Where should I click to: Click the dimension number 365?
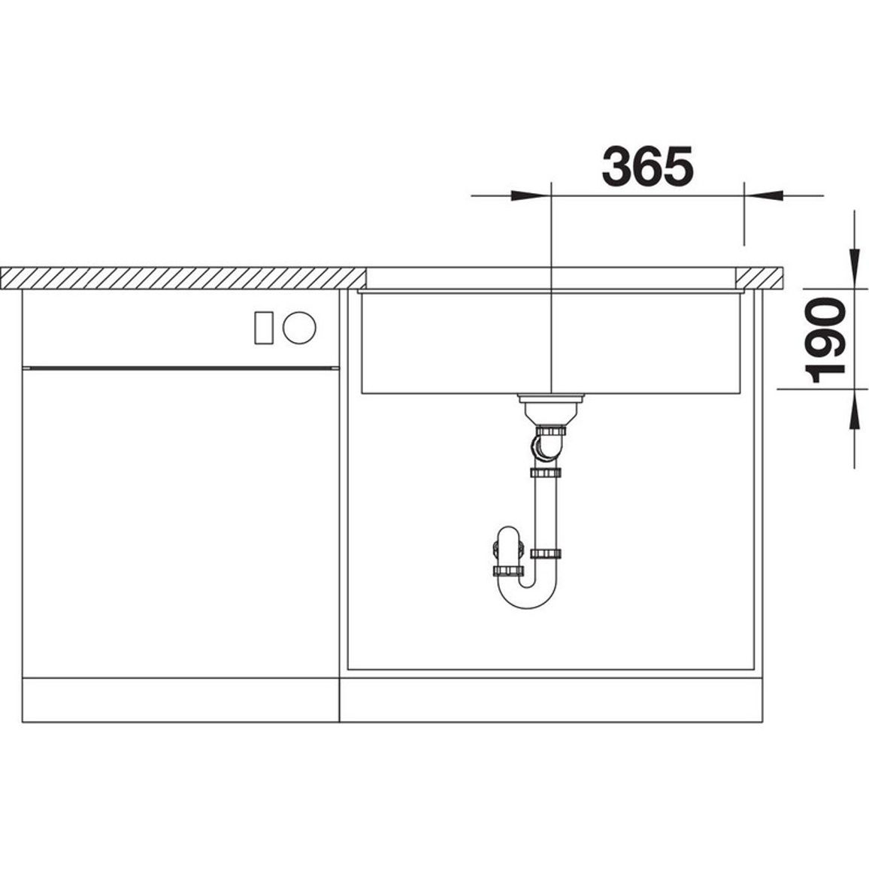[x=647, y=165]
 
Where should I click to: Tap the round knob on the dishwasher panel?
[x=299, y=327]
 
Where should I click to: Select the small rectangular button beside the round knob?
[x=263, y=328]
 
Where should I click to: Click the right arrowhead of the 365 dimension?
[x=764, y=195]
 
